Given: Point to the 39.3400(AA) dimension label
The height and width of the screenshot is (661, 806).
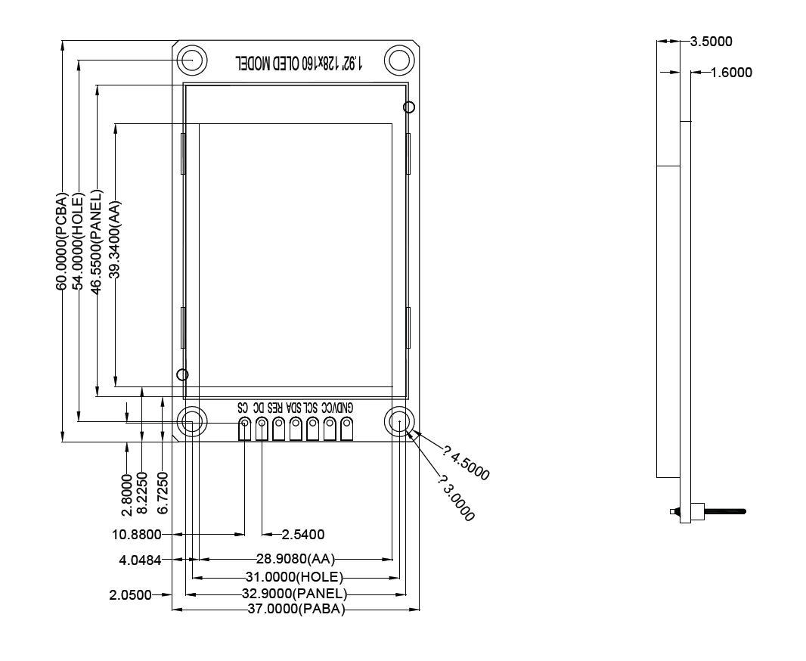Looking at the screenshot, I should click(114, 247).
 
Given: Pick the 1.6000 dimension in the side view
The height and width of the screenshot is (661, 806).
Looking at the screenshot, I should click(731, 73).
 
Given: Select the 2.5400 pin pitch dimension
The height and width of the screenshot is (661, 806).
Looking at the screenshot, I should click(302, 535).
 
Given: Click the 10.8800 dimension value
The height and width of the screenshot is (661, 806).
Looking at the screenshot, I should click(136, 535).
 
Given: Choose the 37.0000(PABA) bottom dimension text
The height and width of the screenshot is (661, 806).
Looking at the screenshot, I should click(296, 610).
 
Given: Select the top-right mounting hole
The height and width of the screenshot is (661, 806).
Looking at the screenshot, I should click(398, 60).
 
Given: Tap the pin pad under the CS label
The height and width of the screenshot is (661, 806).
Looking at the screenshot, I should click(244, 430).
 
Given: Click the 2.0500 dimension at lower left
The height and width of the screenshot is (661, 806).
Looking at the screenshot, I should click(130, 594).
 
